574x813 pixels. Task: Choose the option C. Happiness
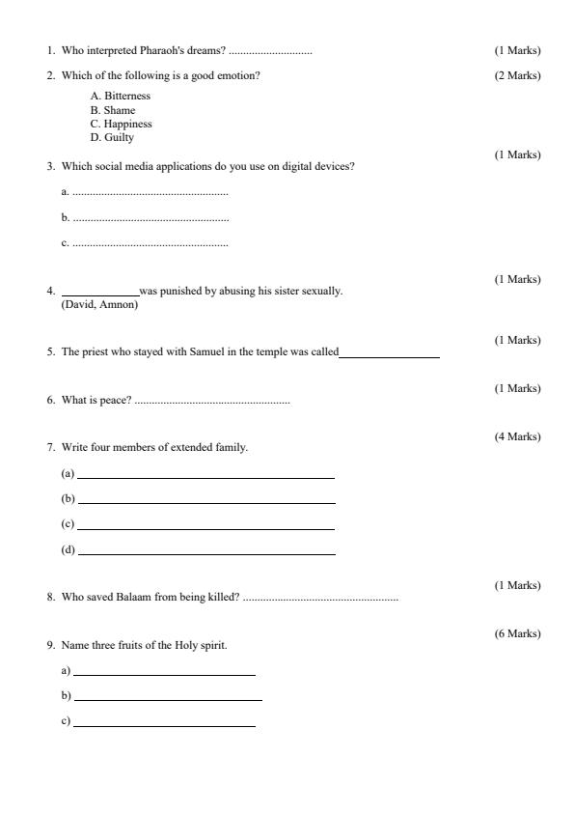tap(122, 124)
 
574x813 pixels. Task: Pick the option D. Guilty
tap(112, 137)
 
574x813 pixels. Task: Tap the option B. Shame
tap(113, 110)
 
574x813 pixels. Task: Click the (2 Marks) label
tap(517, 75)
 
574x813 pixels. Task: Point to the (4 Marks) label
tap(517, 436)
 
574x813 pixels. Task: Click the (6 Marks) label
tap(517, 633)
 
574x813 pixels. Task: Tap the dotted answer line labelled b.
tap(150, 219)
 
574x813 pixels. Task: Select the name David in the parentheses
tap(80, 305)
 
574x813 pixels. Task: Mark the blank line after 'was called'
tap(389, 354)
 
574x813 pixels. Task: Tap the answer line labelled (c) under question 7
tap(205, 527)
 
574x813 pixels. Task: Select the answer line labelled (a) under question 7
tap(205, 476)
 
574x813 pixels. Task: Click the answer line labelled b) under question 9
tap(168, 698)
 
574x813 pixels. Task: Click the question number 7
tap(50, 448)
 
